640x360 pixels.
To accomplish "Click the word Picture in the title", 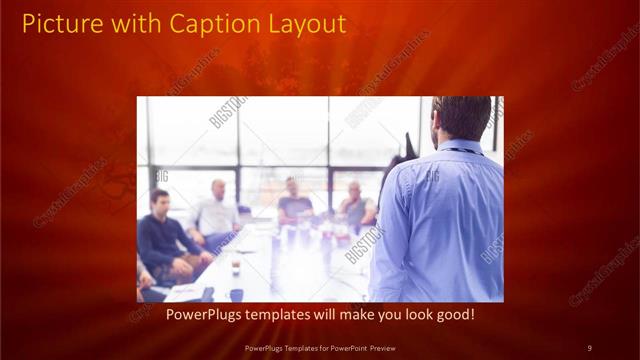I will (x=59, y=24).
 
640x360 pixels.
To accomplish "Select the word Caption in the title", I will (x=205, y=24).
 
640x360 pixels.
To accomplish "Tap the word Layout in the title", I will (x=301, y=24).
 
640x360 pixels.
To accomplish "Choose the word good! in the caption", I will (x=450, y=315).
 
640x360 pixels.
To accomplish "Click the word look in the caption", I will (x=402, y=315).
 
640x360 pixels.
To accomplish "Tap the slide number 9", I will (x=589, y=347).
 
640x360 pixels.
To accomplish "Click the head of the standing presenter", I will (x=461, y=118).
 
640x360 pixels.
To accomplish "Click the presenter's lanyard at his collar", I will (x=458, y=151).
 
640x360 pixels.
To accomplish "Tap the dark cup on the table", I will (x=236, y=268).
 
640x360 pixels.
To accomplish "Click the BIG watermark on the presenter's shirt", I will (x=432, y=177).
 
